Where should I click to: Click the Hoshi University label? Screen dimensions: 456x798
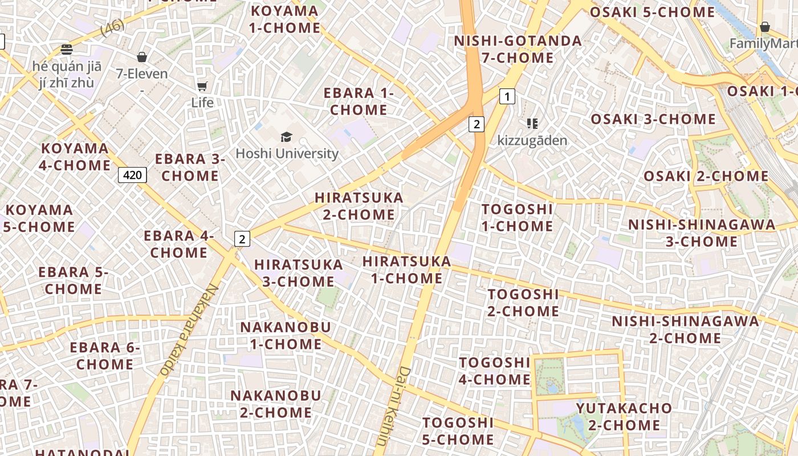(287, 153)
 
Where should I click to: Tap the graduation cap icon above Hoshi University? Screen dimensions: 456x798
(286, 137)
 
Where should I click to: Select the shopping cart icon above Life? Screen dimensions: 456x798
(202, 86)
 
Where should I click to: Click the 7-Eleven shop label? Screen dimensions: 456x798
(142, 74)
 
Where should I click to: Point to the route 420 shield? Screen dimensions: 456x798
(132, 174)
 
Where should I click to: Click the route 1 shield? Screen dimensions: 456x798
(507, 96)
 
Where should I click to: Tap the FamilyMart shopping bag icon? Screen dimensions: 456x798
(764, 27)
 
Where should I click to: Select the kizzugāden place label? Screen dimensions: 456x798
(532, 140)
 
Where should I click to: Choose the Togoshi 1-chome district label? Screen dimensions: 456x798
(517, 218)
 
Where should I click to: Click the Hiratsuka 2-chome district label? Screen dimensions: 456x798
(359, 206)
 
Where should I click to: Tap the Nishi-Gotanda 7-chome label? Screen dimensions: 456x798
(518, 49)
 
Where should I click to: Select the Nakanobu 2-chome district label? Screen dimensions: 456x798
(275, 404)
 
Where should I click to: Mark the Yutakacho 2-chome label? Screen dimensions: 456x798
(624, 417)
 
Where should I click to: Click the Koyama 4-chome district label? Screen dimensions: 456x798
(75, 157)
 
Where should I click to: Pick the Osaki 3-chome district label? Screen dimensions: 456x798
(653, 119)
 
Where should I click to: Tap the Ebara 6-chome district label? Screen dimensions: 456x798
(104, 356)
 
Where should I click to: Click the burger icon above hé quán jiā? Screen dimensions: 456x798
(67, 49)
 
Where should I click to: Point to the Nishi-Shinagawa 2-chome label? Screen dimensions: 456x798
(685, 329)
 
